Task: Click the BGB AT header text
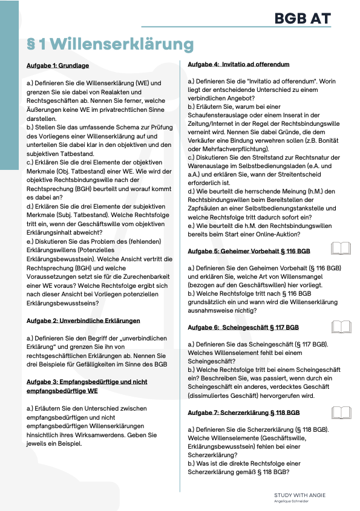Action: coord(303,19)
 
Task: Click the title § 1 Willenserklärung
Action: coord(110,45)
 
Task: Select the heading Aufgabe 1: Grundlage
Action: coord(57,65)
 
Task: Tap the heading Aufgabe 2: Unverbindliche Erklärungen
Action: coord(83,320)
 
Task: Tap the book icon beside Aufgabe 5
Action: coord(341,249)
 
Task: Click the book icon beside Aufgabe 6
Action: coord(341,327)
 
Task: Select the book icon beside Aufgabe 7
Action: coord(341,413)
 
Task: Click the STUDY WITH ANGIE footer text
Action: coord(299,495)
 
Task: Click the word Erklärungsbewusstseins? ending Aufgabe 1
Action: coord(64,303)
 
